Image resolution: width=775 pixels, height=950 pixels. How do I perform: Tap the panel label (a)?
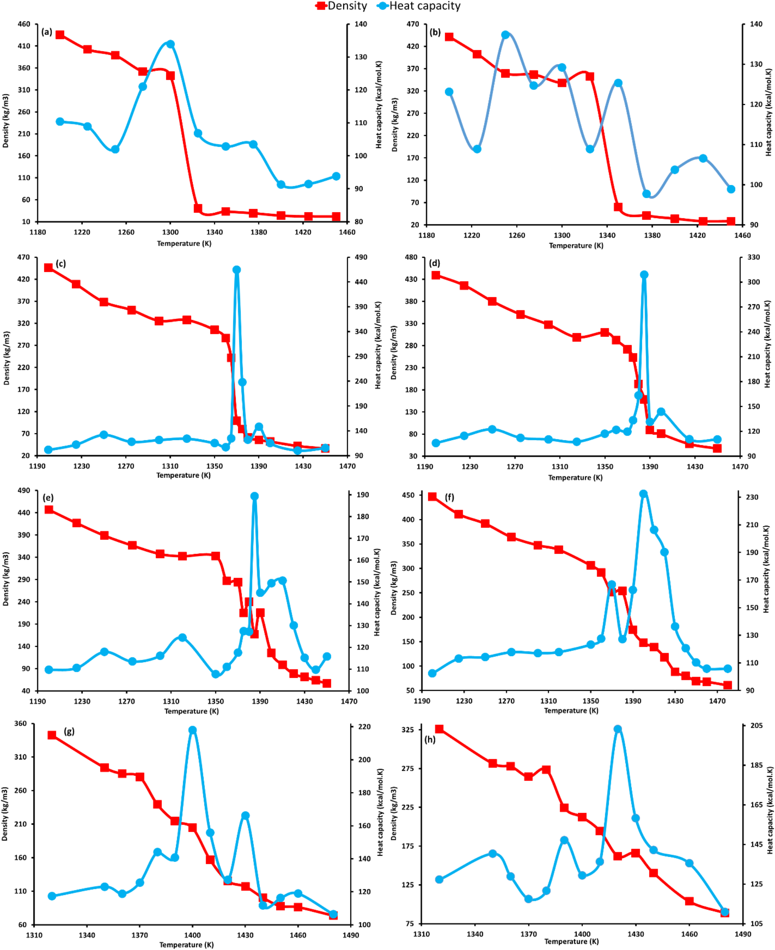[46, 32]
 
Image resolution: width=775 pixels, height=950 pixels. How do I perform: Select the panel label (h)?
[430, 739]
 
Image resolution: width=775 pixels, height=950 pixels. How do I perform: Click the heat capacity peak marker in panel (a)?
[170, 44]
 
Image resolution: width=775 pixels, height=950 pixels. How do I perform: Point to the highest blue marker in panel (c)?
[237, 270]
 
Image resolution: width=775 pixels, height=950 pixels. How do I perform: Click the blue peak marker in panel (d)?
[644, 275]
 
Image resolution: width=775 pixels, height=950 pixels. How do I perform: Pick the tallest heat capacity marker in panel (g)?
[192, 730]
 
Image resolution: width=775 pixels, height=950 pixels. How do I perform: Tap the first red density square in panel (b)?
[449, 37]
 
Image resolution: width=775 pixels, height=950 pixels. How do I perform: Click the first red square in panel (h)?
[439, 729]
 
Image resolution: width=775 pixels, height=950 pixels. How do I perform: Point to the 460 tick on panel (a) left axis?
[24, 24]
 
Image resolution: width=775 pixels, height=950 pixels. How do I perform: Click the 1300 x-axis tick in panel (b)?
[562, 235]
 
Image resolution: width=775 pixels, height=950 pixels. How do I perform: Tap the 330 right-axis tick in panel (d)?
[754, 257]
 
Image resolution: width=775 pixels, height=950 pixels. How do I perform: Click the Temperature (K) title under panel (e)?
[192, 711]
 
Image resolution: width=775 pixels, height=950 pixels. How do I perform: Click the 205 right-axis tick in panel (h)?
[756, 726]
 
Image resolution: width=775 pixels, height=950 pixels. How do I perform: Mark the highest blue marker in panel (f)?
[643, 494]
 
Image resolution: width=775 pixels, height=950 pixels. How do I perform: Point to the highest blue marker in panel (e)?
[254, 496]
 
